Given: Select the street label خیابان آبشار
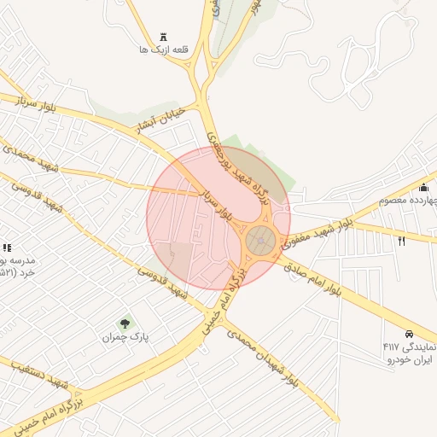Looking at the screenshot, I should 157,125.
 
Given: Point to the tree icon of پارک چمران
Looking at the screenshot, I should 125,323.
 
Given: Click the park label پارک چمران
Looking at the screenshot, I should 125,338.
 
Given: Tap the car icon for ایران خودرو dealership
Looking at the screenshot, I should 410,333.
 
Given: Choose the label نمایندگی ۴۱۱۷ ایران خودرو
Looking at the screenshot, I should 409,353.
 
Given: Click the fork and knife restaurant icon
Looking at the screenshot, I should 401,241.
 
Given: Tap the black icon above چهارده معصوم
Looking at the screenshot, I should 424,188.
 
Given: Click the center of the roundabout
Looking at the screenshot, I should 260,241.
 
